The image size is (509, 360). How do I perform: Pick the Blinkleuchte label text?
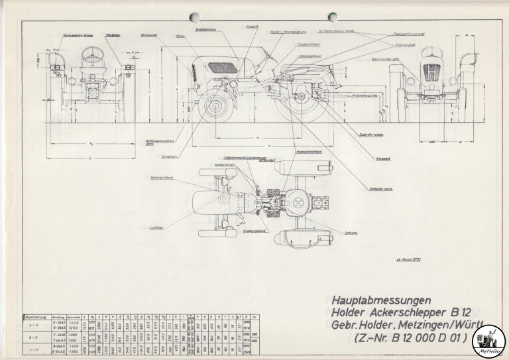[x=149, y=34]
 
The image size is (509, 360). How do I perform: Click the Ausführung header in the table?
[x=34, y=318]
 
